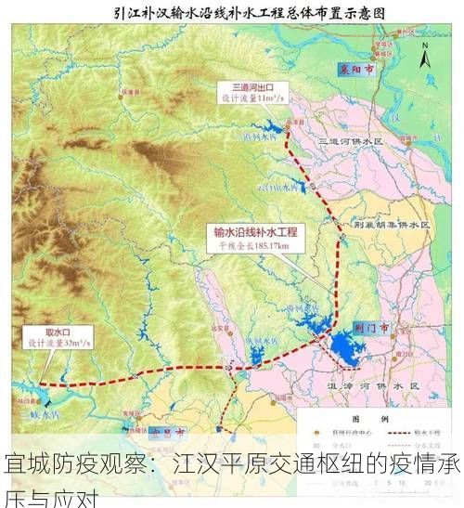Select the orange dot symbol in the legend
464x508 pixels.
(x=313, y=434)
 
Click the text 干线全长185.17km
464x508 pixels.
(x=251, y=246)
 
